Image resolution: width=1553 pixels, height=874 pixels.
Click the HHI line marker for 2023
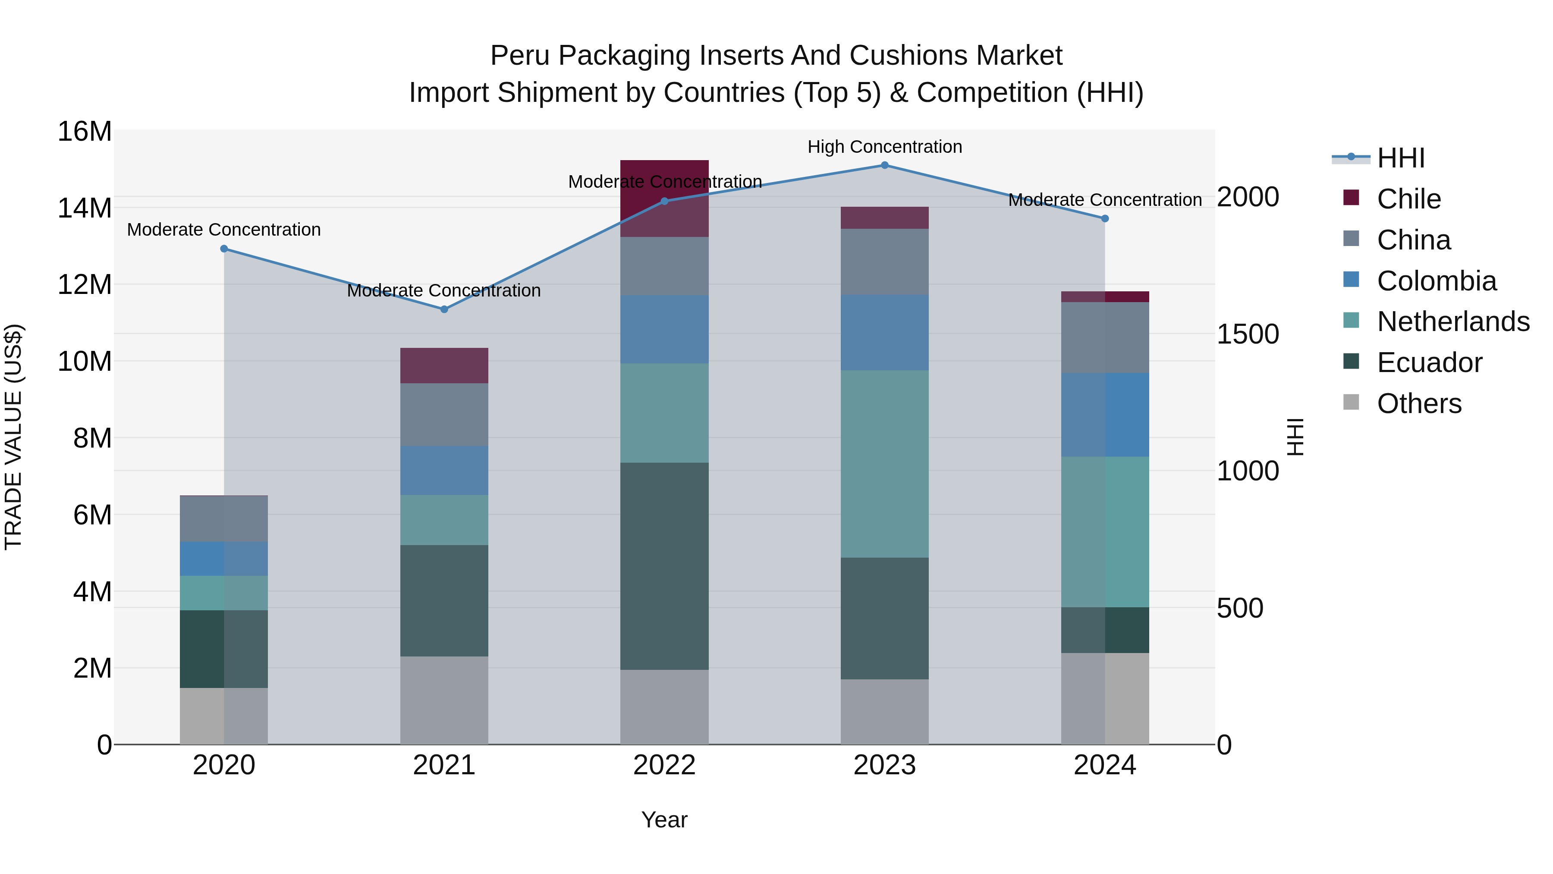pyautogui.click(x=884, y=165)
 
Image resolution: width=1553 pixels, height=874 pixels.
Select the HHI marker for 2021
pyautogui.click(x=444, y=309)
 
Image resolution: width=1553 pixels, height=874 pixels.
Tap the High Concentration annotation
pyautogui.click(x=884, y=147)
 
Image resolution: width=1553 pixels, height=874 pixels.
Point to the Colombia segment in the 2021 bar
pyautogui.click(x=444, y=470)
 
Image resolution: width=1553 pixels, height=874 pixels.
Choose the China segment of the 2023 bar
pyautogui.click(x=884, y=262)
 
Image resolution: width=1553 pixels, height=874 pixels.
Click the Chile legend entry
pyautogui.click(x=1408, y=199)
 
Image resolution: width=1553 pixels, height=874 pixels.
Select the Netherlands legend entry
pyautogui.click(x=1453, y=322)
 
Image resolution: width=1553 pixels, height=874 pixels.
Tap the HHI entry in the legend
pyautogui.click(x=1400, y=158)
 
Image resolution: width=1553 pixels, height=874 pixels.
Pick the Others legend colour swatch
pyautogui.click(x=1351, y=402)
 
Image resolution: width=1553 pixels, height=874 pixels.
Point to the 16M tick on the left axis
pyautogui.click(x=85, y=132)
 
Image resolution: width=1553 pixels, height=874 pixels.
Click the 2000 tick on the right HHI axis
pyautogui.click(x=1247, y=197)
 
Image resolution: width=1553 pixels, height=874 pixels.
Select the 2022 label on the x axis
pyautogui.click(x=664, y=765)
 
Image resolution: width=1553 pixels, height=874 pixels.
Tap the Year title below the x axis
pyautogui.click(x=664, y=820)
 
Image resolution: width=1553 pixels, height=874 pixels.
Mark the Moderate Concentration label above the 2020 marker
pyautogui.click(x=223, y=230)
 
